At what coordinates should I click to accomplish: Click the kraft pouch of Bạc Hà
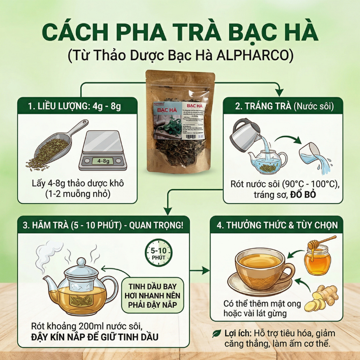[180, 123]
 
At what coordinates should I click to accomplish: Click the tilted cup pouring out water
[313, 154]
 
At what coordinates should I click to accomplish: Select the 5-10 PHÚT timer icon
[159, 252]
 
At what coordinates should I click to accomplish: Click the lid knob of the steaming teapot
[81, 261]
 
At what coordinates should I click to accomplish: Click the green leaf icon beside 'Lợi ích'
[217, 333]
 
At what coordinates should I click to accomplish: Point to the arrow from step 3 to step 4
[201, 271]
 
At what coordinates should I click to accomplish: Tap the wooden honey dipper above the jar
[323, 240]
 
